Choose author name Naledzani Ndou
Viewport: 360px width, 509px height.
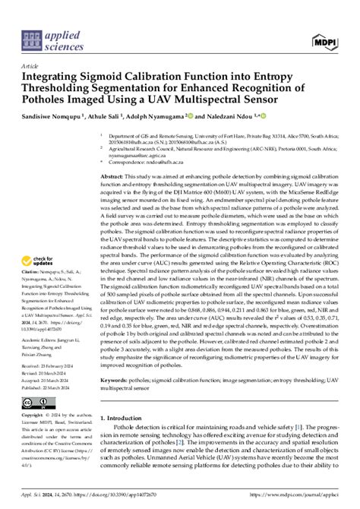click(x=235, y=119)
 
